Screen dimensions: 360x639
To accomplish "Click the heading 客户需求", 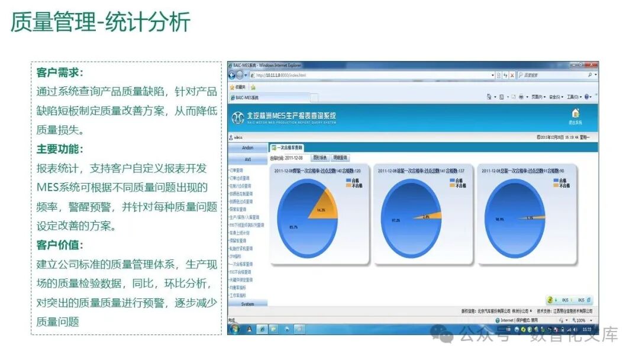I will pos(60,72).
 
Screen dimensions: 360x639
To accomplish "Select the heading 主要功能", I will pos(60,149).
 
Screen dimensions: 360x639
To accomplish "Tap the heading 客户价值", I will pos(60,245).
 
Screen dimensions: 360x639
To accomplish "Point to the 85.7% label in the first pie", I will pos(294,227).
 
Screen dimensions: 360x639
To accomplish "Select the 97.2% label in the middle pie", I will pos(396,220).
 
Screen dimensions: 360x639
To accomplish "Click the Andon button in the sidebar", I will pos(248,147).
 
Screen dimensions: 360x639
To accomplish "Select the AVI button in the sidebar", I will pos(248,159).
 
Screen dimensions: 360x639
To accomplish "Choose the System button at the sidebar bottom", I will pos(248,304).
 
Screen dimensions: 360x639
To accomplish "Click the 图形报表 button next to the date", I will pos(319,158).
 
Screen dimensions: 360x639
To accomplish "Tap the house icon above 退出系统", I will pos(575,113).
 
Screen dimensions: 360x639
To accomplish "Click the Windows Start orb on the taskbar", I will pos(235,329).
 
